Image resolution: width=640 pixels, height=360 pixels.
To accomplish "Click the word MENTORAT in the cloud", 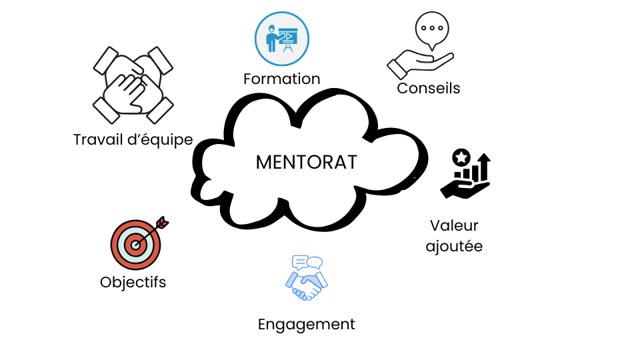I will (306, 163).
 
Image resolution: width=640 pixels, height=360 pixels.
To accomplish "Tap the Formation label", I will (281, 79).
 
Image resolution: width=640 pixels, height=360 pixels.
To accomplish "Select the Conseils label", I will (428, 88).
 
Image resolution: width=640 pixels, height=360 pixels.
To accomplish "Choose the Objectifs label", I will (133, 282).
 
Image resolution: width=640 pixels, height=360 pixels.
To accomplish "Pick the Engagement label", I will (306, 325).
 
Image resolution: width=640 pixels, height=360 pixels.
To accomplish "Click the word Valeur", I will (454, 225).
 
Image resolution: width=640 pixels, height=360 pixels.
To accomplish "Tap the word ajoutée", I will (454, 246).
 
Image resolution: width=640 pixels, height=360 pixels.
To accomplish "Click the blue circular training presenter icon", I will (282, 39).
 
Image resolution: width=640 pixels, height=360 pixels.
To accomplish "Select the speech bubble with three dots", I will (433, 29).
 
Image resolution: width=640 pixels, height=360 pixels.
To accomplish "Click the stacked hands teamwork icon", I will (133, 85).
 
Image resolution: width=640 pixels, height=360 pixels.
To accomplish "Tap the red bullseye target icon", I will (135, 245).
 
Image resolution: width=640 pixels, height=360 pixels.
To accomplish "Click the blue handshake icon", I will (305, 284).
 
